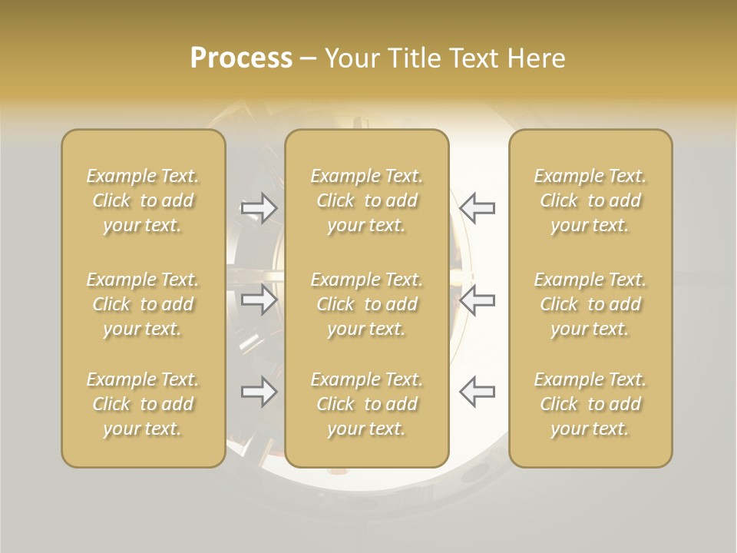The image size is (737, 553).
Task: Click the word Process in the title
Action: tap(241, 58)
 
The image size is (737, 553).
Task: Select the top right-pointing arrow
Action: tap(259, 208)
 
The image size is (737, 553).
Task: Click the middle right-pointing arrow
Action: tap(259, 300)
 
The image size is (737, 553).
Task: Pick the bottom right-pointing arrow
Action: tap(259, 392)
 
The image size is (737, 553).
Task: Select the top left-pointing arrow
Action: tap(477, 208)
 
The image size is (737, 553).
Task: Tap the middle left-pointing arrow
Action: tap(477, 300)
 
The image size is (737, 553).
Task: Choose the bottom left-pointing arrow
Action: tap(477, 392)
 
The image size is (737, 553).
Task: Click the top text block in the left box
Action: tap(143, 200)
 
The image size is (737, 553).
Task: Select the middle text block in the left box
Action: tap(143, 304)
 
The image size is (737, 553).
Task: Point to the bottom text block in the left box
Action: tap(143, 404)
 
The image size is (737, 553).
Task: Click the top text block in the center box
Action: tap(366, 200)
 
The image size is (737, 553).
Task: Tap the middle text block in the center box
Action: tap(366, 304)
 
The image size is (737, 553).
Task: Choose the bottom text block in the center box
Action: tap(366, 404)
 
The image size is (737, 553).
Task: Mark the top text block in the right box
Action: tap(590, 200)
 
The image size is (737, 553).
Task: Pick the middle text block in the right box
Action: tap(590, 304)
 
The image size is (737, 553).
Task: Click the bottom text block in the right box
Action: tap(590, 404)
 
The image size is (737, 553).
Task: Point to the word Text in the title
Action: tap(471, 58)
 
